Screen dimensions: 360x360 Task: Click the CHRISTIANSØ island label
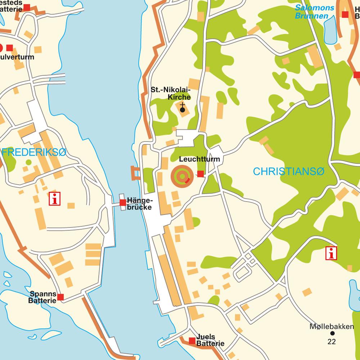click(x=288, y=172)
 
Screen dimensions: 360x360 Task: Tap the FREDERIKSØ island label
click(x=34, y=152)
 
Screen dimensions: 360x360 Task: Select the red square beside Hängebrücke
click(x=123, y=203)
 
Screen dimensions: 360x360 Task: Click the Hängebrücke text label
click(x=140, y=204)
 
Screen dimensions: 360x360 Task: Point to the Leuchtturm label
click(x=199, y=159)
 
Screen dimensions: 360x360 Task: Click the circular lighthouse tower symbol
click(x=182, y=176)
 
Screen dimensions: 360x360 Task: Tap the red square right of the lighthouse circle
click(x=201, y=174)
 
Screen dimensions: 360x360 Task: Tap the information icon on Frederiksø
click(x=55, y=199)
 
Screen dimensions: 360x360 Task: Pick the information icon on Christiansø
click(x=331, y=253)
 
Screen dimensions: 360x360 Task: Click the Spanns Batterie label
click(x=43, y=297)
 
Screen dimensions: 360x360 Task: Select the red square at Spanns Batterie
click(x=60, y=297)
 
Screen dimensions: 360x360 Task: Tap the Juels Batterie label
click(x=210, y=340)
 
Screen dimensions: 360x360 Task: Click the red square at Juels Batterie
click(x=192, y=341)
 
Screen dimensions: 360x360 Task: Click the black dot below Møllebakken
click(x=332, y=334)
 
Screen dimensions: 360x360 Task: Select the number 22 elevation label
click(x=332, y=341)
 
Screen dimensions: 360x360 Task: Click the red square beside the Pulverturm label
click(x=10, y=47)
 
